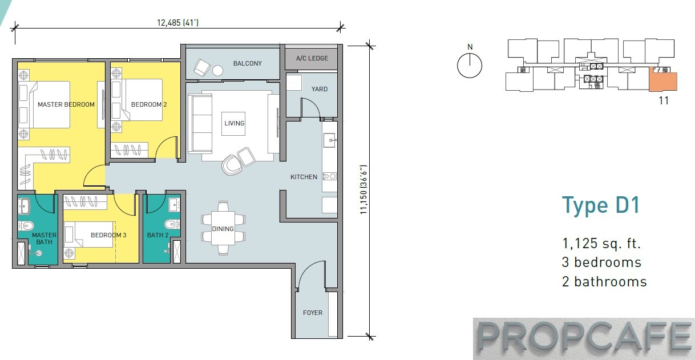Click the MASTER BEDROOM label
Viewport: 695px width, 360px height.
pos(66,104)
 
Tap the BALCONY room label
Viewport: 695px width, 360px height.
pos(247,63)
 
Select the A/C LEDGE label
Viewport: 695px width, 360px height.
pos(312,58)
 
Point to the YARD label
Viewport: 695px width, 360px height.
pos(320,89)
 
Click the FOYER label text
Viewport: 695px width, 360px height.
pos(313,313)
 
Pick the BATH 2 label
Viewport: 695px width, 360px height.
pos(157,235)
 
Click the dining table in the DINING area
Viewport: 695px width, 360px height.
pos(223,228)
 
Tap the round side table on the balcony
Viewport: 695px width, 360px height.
pos(217,70)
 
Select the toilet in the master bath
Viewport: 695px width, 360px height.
pos(26,225)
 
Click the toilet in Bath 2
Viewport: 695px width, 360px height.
pos(172,224)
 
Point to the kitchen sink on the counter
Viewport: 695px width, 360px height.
pos(330,140)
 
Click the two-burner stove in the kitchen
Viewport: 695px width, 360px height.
pos(329,176)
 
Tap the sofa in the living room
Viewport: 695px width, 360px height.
pos(200,123)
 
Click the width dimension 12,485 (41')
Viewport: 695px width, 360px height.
pos(178,23)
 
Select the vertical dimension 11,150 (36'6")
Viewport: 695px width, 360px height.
pos(363,189)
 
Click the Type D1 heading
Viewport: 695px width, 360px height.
pos(601,205)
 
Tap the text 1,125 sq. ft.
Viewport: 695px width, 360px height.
pos(601,243)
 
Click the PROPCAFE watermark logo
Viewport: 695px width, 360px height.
pos(584,338)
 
